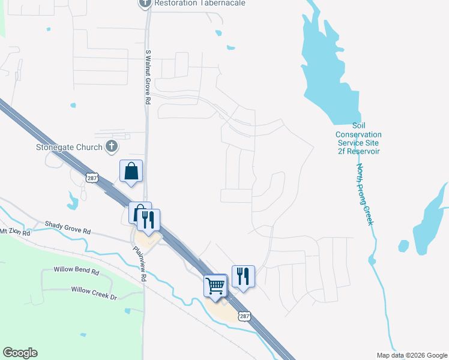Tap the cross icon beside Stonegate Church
click(111, 146)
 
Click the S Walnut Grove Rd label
click(146, 77)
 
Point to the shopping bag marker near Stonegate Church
click(131, 172)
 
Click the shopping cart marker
click(215, 285)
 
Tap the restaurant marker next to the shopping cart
click(243, 277)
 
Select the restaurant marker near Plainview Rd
click(148, 220)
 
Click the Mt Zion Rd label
click(11, 230)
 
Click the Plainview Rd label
click(140, 264)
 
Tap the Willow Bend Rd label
click(76, 271)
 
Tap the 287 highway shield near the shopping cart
click(244, 316)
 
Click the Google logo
click(20, 353)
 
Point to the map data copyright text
click(411, 355)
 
